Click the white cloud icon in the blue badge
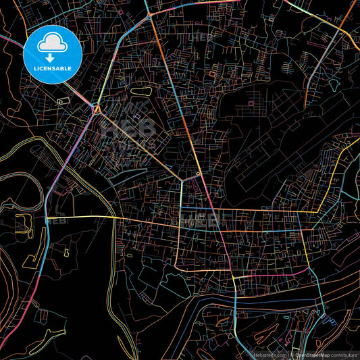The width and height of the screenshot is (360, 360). click(52, 43)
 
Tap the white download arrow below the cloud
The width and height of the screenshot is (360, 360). click(52, 56)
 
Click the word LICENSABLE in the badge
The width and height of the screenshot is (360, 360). click(52, 68)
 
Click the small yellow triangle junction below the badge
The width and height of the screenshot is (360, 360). click(97, 108)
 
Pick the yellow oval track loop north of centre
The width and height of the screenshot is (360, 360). click(142, 90)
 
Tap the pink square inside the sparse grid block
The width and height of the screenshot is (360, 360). click(251, 103)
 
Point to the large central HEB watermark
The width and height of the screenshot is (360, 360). click(128, 128)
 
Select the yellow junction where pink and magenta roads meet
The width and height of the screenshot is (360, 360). click(234, 277)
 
